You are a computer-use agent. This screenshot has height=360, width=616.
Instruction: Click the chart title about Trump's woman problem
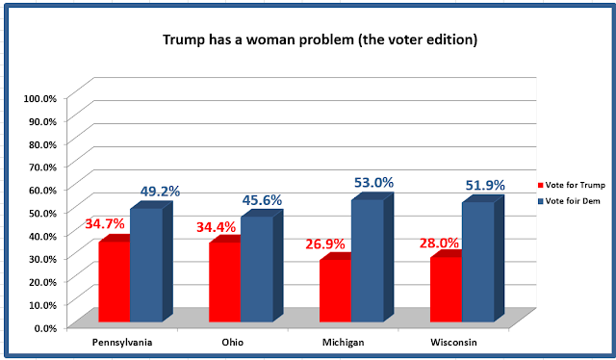tap(320, 39)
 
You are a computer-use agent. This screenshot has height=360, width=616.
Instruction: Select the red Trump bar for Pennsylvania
tap(115, 278)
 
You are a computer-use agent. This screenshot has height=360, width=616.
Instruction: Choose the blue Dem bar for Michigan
tap(372, 257)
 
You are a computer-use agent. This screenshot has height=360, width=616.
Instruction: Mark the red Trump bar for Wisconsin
tap(447, 286)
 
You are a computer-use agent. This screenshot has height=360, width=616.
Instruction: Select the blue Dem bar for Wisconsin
tap(483, 258)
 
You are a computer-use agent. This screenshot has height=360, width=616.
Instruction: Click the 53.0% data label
tap(373, 183)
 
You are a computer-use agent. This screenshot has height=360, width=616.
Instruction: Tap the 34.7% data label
tap(105, 224)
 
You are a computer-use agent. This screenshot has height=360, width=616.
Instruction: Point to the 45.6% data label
tap(262, 200)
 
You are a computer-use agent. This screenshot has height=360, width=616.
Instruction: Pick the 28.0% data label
tap(439, 243)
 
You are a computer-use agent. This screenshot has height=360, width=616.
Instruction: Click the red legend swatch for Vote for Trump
tap(540, 185)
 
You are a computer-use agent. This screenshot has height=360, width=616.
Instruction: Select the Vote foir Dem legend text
tap(573, 201)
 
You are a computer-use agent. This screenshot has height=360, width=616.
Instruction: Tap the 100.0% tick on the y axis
tap(40, 98)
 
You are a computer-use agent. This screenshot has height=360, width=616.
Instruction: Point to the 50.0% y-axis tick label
tap(42, 213)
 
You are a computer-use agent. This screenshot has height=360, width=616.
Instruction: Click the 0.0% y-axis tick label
tap(45, 328)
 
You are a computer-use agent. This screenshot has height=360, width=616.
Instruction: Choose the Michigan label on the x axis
tap(344, 343)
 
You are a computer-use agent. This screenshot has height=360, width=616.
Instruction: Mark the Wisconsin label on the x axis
tap(453, 343)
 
